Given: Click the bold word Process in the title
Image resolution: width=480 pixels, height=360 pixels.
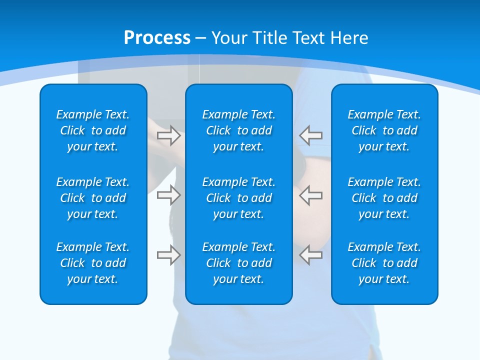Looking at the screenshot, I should pyautogui.click(x=157, y=38).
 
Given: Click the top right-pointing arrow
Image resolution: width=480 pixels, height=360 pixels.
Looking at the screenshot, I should pyautogui.click(x=168, y=135).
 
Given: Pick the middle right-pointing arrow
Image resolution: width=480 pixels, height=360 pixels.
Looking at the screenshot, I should pyautogui.click(x=168, y=194).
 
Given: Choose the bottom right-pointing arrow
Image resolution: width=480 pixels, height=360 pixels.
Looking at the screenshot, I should pyautogui.click(x=168, y=255).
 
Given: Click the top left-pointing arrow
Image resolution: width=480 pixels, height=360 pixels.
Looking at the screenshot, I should pyautogui.click(x=311, y=135).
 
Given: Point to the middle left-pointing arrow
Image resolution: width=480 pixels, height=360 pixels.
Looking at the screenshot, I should pyautogui.click(x=311, y=194).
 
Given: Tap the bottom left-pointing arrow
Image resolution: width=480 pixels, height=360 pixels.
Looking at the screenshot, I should pyautogui.click(x=311, y=255).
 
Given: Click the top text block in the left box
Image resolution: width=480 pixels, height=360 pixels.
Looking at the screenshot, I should pyautogui.click(x=93, y=130).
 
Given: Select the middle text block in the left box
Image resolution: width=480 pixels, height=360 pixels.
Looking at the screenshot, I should pyautogui.click(x=93, y=198).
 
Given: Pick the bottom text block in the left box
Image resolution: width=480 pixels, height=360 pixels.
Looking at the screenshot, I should pyautogui.click(x=93, y=263).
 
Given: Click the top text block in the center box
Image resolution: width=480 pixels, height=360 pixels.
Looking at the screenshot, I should pyautogui.click(x=238, y=130).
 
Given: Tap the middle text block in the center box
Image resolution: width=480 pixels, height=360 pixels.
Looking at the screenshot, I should pyautogui.click(x=238, y=198).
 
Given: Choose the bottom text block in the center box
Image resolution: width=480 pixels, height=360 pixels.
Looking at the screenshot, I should pyautogui.click(x=238, y=263).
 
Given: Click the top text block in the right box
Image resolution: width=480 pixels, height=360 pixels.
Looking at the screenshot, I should pyautogui.click(x=384, y=130).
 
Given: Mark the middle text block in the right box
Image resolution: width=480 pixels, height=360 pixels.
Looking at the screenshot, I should pyautogui.click(x=384, y=198).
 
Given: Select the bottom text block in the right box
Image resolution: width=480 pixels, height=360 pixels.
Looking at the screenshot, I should pyautogui.click(x=384, y=263).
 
